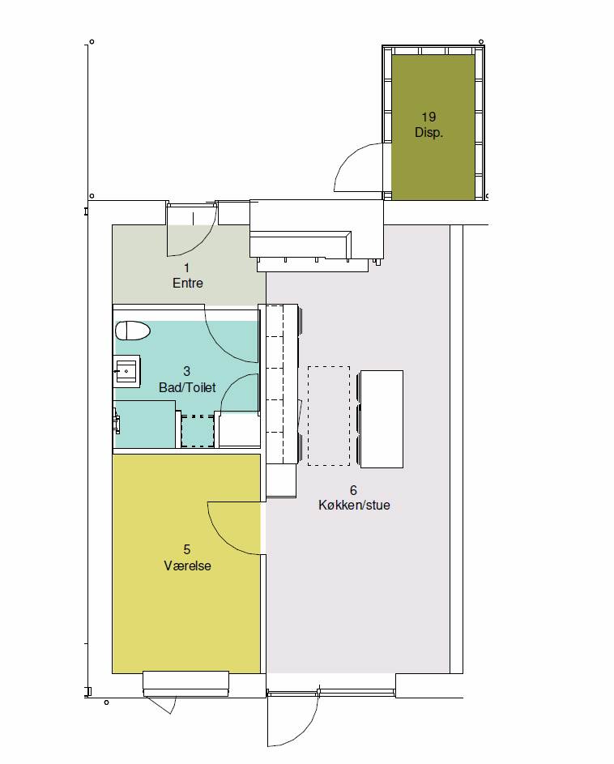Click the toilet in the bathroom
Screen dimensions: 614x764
[x=133, y=331]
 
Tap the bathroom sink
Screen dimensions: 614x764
[x=126, y=371]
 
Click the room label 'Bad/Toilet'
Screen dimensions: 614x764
[x=187, y=387]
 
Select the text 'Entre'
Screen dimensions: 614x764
[x=188, y=283]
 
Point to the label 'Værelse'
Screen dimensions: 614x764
[x=187, y=566]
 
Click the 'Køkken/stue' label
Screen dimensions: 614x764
[x=354, y=505]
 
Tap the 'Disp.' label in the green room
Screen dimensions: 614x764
[x=429, y=133]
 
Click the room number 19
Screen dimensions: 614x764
[x=429, y=117]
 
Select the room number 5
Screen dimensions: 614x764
[x=186, y=549]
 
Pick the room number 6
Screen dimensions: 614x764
[x=353, y=490]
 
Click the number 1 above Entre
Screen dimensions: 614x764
[x=186, y=267]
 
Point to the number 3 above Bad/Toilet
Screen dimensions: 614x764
[x=186, y=371]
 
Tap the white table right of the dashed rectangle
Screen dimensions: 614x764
[x=382, y=419]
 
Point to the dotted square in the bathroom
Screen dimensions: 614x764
[x=198, y=431]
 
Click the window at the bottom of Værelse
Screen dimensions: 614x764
[x=185, y=683]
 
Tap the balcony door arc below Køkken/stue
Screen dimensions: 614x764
[x=303, y=731]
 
